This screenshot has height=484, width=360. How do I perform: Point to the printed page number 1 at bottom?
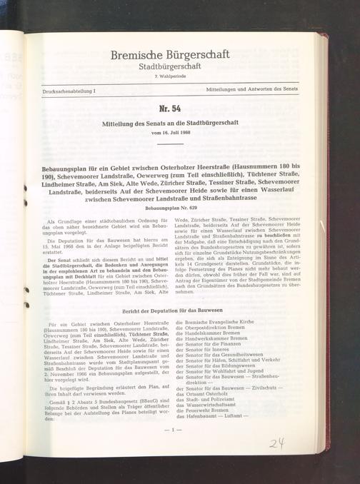point(171,431)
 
